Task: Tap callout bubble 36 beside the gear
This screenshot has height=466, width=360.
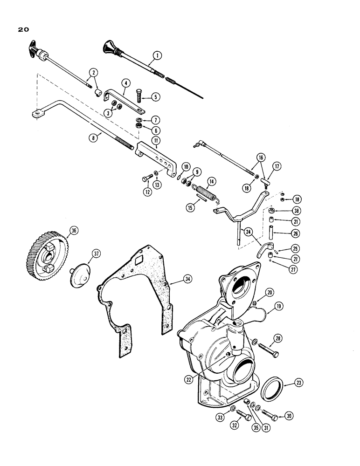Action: [x=73, y=229]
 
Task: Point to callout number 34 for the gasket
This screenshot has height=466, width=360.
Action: [x=174, y=279]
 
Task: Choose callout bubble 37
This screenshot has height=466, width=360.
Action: [x=96, y=254]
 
